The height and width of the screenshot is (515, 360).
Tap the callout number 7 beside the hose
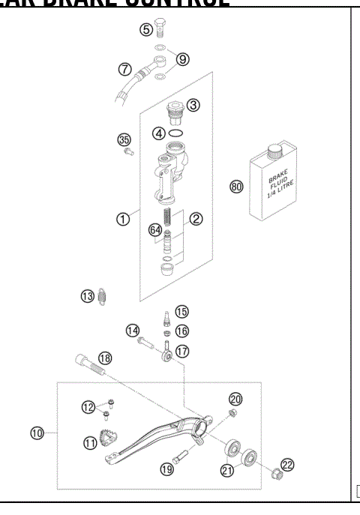pyautogui.click(x=126, y=70)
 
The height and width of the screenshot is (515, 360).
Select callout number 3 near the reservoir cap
pyautogui.click(x=193, y=106)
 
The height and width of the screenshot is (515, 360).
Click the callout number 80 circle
pyautogui.click(x=237, y=187)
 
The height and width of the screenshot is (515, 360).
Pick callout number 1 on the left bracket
pyautogui.click(x=121, y=219)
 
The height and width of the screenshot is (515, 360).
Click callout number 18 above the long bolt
pyautogui.click(x=105, y=358)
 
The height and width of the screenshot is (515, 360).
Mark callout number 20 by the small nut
pyautogui.click(x=234, y=399)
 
